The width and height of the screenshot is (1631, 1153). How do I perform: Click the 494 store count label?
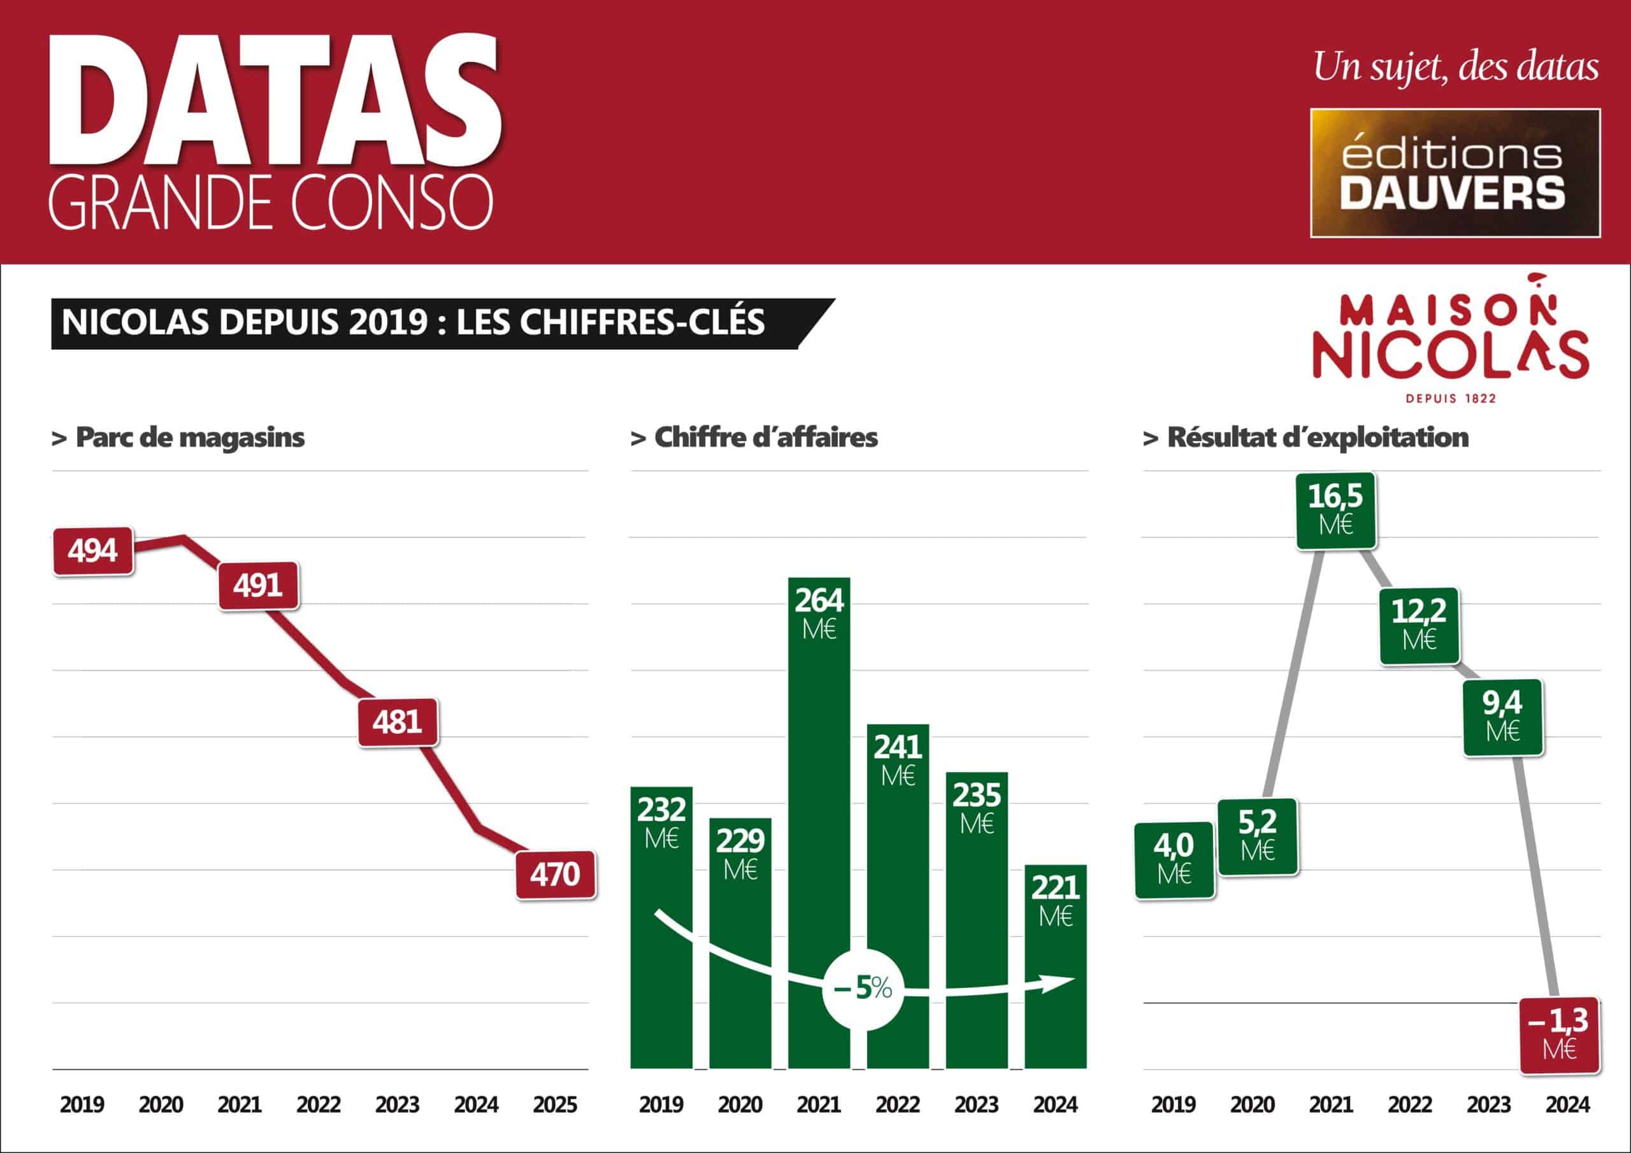click(93, 551)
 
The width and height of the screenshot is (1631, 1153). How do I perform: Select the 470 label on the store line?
click(556, 875)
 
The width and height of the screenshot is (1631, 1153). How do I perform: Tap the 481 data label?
click(398, 722)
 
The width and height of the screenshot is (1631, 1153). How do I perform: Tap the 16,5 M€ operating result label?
click(1335, 510)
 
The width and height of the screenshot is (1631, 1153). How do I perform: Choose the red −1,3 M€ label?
click(1559, 1036)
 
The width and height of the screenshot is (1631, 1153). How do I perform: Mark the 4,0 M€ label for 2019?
click(1174, 859)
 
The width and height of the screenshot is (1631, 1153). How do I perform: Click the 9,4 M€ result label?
click(1503, 717)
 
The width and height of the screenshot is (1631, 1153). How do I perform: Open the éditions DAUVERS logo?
click(1455, 173)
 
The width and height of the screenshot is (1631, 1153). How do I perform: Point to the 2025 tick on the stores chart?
click(555, 1105)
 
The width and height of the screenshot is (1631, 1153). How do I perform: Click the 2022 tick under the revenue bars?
click(898, 1105)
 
